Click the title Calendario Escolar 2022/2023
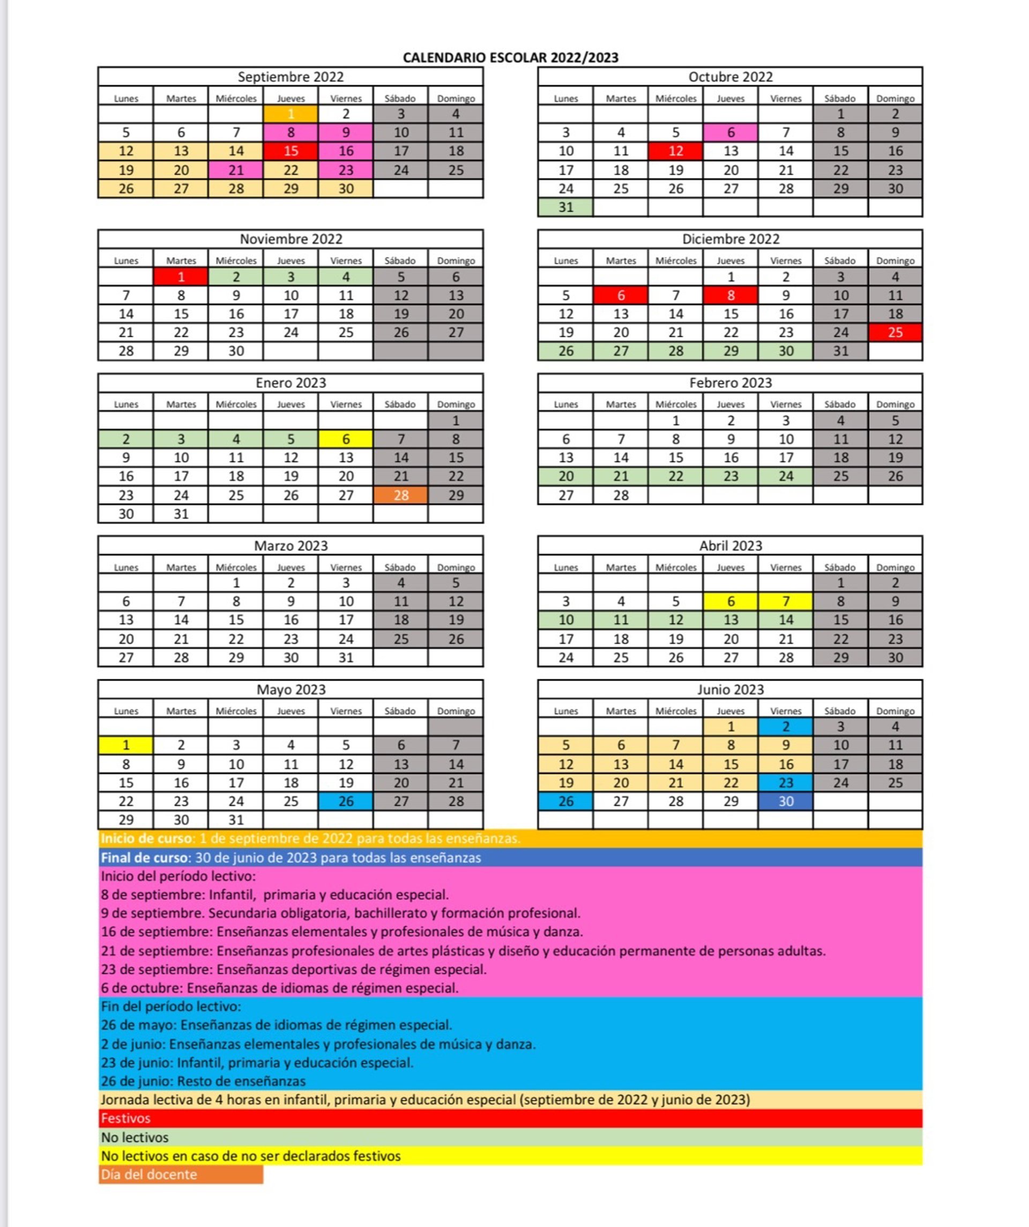(x=510, y=57)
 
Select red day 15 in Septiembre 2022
(x=290, y=151)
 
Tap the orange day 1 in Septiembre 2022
(x=290, y=114)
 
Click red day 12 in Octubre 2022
(x=675, y=151)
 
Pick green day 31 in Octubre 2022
(x=565, y=207)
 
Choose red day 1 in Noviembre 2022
(x=181, y=276)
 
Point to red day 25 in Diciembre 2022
(x=894, y=332)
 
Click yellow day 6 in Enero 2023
(x=345, y=439)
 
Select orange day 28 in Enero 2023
(x=400, y=495)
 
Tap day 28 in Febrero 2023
(x=621, y=495)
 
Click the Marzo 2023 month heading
(x=290, y=545)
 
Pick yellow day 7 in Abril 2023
(x=785, y=601)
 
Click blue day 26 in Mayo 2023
(x=345, y=800)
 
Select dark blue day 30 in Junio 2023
(x=785, y=800)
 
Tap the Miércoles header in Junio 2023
(x=675, y=710)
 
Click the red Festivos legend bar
(x=510, y=1118)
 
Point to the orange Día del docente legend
(x=181, y=1174)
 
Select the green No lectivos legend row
(x=510, y=1137)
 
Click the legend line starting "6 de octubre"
(x=279, y=987)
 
